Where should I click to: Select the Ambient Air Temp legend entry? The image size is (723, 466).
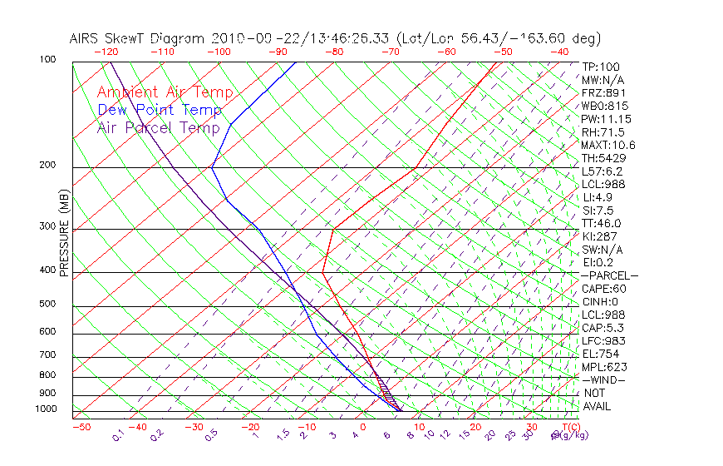coord(165,92)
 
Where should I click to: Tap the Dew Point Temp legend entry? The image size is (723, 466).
coord(160,110)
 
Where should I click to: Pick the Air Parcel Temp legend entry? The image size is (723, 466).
coord(159,127)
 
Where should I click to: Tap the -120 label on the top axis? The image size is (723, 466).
coord(106,52)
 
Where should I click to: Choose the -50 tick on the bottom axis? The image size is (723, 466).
coord(81,427)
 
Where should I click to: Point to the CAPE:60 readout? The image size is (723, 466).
coord(603,289)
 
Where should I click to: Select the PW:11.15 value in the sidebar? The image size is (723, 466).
coord(606,119)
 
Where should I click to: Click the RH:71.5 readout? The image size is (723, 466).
coord(602,132)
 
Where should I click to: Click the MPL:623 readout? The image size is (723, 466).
coord(603,367)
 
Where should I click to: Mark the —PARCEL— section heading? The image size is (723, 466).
coord(609,275)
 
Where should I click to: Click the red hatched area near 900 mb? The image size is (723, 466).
coord(386,390)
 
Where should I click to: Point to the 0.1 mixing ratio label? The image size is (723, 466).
coord(117,435)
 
